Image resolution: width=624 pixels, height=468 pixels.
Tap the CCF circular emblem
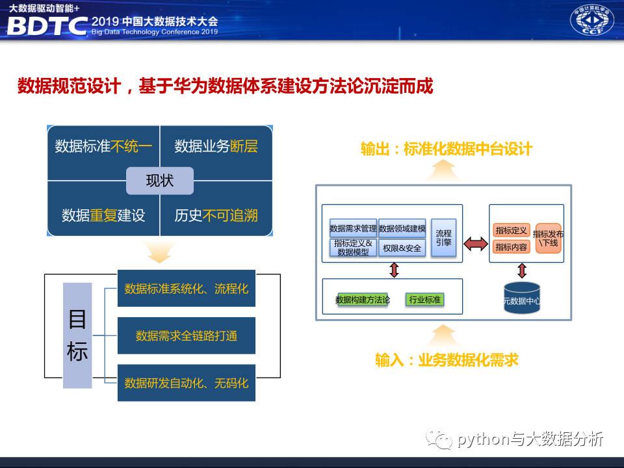(591, 21)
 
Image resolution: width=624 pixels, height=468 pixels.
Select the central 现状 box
(160, 181)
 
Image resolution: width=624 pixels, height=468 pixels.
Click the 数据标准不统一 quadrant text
(103, 146)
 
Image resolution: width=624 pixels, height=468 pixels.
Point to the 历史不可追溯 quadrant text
(216, 216)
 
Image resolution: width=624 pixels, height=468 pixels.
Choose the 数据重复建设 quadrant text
(103, 216)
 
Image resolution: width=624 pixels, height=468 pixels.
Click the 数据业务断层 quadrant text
(216, 146)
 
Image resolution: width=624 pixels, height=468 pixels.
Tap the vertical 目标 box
(77, 335)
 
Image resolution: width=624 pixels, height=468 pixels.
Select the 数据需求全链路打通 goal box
(187, 335)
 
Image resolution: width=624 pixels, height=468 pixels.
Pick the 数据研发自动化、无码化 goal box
(187, 382)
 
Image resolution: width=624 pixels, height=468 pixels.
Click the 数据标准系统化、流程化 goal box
(187, 288)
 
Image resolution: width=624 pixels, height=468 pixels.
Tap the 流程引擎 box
(443, 237)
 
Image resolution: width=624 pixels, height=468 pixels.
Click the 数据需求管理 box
(353, 228)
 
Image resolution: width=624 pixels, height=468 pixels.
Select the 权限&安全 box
(402, 248)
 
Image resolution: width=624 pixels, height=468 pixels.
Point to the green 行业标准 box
(424, 300)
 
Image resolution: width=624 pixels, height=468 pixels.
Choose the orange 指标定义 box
(511, 230)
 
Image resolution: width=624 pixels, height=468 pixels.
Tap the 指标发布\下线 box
(548, 238)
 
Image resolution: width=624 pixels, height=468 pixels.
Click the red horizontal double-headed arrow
(475, 244)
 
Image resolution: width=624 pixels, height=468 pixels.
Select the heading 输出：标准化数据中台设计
(447, 149)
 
